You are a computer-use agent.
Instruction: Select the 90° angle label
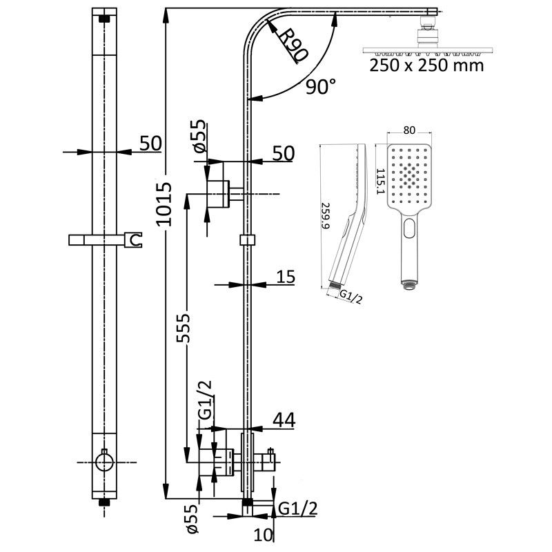pyautogui.click(x=322, y=86)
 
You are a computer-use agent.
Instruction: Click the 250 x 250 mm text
pyautogui.click(x=426, y=66)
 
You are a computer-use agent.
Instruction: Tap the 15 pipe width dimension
pyautogui.click(x=284, y=277)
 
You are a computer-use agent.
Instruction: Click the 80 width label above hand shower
pyautogui.click(x=409, y=128)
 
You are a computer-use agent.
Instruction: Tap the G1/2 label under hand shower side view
pyautogui.click(x=351, y=297)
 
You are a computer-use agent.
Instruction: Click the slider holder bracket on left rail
pyautogui.click(x=107, y=240)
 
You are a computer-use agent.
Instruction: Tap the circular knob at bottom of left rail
pyautogui.click(x=105, y=461)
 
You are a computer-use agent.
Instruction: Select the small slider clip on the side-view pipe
pyautogui.click(x=247, y=239)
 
